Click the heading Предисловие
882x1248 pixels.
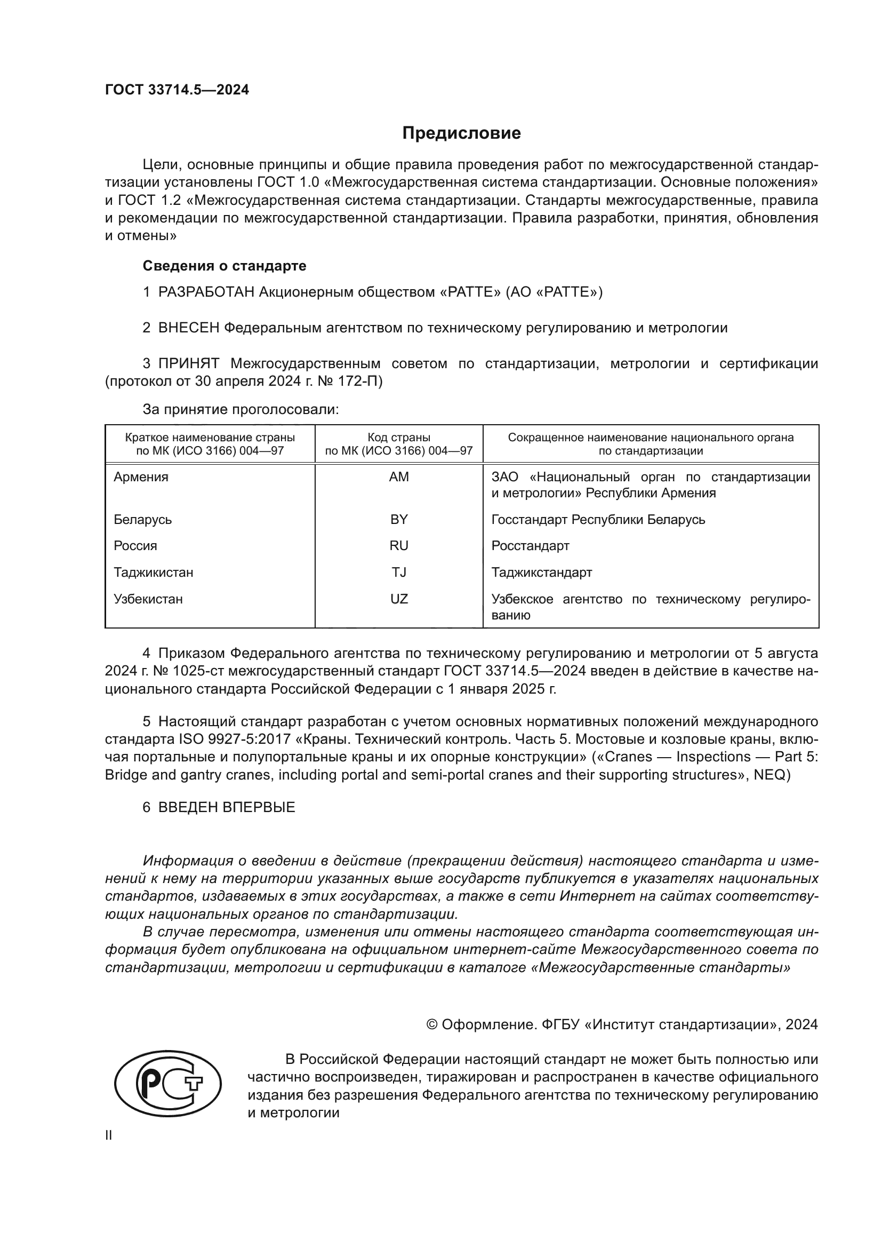point(461,133)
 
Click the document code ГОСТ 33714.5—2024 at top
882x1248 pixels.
point(177,90)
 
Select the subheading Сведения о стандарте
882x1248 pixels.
point(224,266)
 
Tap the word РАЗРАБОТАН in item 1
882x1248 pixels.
point(206,292)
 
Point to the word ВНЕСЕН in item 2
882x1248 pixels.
point(188,328)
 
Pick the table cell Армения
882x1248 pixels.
point(141,476)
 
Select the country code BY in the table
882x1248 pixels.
point(399,519)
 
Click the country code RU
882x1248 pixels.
point(399,546)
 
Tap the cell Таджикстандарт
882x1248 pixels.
point(541,573)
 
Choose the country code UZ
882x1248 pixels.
point(399,599)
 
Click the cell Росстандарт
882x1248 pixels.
point(530,546)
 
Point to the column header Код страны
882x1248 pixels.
point(399,438)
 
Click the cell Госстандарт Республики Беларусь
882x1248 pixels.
point(598,519)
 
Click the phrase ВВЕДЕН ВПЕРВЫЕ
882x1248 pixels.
point(227,807)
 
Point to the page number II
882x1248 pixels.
point(109,1135)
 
